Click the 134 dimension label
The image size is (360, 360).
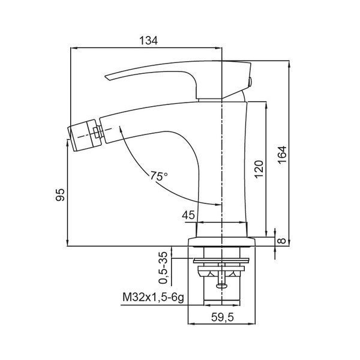149,41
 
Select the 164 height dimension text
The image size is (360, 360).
282,155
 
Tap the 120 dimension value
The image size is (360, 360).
259,169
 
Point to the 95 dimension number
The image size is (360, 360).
60,194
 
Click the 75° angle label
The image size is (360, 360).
159,176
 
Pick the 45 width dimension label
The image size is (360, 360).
188,215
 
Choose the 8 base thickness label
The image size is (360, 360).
282,241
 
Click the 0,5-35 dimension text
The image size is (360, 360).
163,268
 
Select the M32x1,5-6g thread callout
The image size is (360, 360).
154,298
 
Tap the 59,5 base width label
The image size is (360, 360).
222,317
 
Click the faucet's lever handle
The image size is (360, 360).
178,78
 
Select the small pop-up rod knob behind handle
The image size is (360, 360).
250,82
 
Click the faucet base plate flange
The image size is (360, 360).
221,242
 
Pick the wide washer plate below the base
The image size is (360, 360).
221,260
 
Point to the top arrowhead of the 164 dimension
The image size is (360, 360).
289,64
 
